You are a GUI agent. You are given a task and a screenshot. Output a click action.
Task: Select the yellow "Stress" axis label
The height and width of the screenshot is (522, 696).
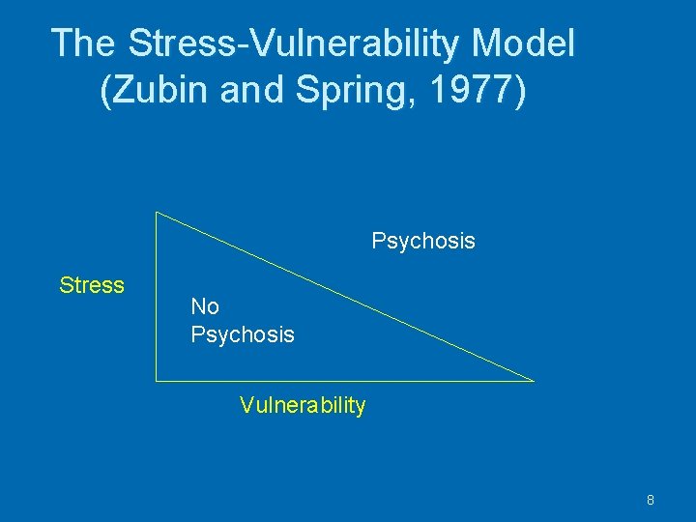(x=92, y=285)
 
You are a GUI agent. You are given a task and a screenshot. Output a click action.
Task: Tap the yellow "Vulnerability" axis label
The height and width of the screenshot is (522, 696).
(x=303, y=405)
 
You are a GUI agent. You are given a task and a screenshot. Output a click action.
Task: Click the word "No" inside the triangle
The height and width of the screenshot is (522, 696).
(x=205, y=306)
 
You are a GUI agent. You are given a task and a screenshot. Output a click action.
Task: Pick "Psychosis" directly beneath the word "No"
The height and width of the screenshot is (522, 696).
(x=243, y=334)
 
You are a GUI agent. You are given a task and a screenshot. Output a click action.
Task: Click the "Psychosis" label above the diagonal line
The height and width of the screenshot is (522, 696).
(x=423, y=241)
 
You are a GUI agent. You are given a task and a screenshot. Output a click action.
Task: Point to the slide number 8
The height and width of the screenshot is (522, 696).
(x=651, y=500)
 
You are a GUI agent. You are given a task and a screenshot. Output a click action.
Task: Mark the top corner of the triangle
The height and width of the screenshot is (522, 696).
(x=157, y=213)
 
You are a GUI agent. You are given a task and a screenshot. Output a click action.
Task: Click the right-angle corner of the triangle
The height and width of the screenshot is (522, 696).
(x=157, y=381)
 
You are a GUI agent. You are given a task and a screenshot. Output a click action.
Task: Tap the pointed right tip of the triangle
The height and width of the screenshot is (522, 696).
(x=533, y=381)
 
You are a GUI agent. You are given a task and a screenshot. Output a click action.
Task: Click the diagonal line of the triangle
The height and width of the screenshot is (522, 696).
(x=345, y=297)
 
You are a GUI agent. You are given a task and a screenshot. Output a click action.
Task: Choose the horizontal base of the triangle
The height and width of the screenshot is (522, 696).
(x=345, y=381)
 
